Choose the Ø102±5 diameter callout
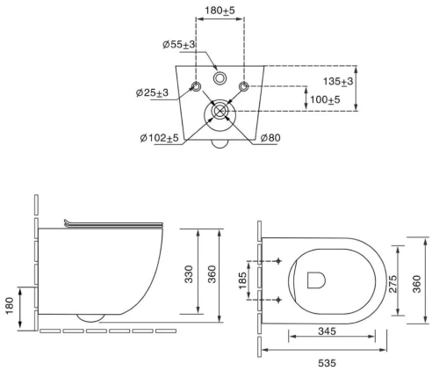(159, 137)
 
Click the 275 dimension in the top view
(392, 281)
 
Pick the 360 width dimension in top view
(419, 281)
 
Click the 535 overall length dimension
(325, 360)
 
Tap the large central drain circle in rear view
(219, 112)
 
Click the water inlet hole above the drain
(219, 76)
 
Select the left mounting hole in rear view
(194, 85)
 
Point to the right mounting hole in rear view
(244, 85)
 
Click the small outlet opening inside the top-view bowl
(316, 280)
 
